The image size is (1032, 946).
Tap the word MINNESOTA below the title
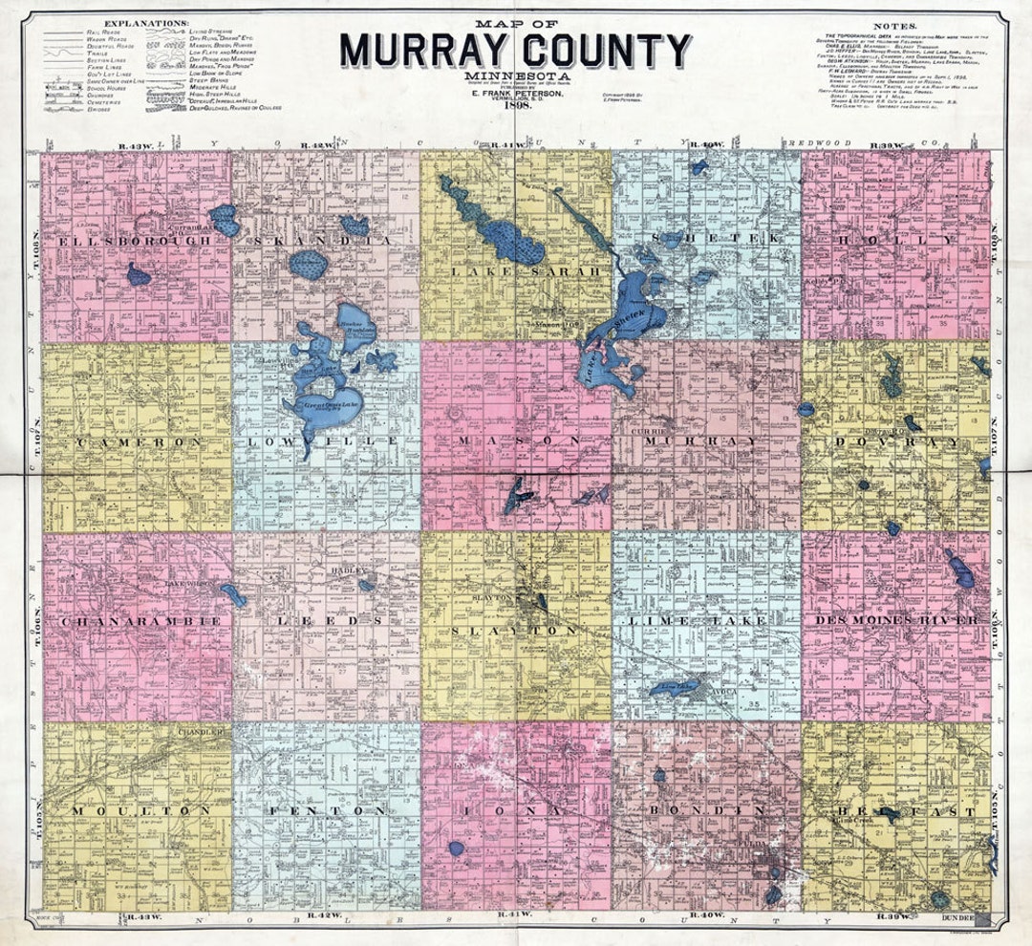coord(516,75)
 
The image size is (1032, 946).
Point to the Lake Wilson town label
coord(186,582)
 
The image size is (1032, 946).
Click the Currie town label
coord(647,432)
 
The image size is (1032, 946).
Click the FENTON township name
coord(325,811)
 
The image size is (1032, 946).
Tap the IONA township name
coord(516,811)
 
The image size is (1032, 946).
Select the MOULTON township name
coord(140,811)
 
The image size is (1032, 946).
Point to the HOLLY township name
coord(896,240)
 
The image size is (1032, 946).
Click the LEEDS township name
coord(325,621)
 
